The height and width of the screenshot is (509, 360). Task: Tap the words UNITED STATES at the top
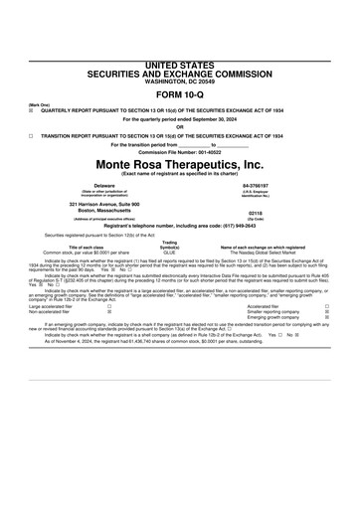pos(179,65)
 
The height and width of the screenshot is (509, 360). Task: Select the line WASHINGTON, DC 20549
pos(179,81)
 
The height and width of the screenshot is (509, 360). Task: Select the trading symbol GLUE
pos(169,254)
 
